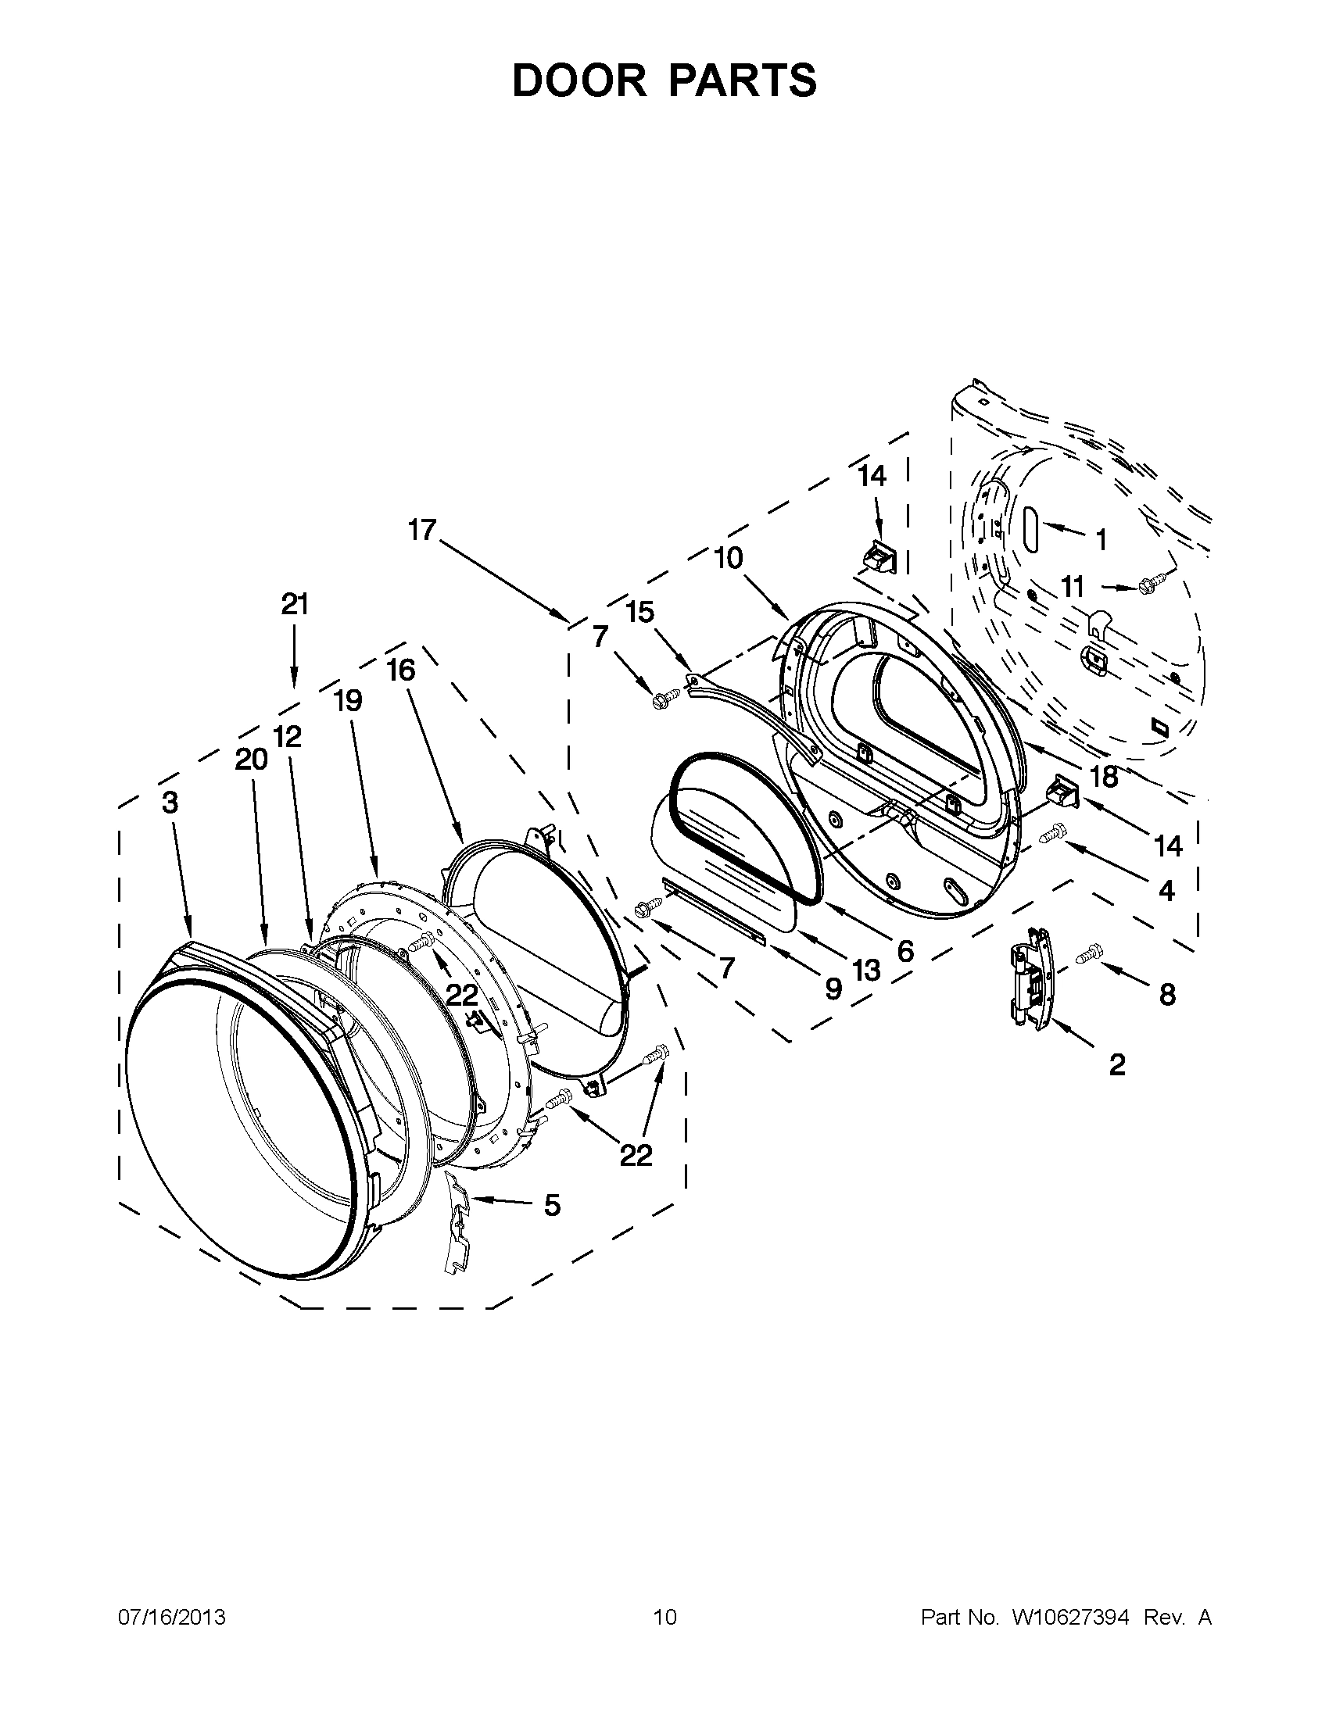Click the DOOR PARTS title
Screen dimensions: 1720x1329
click(x=664, y=80)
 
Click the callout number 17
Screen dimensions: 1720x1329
click(x=422, y=530)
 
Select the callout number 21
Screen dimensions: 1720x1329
click(x=295, y=604)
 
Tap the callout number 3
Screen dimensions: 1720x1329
click(x=170, y=803)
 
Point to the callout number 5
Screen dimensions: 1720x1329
click(x=552, y=1204)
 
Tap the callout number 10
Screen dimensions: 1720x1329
click(x=729, y=559)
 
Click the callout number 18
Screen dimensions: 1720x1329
click(x=1104, y=777)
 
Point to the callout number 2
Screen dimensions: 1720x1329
click(x=1116, y=1065)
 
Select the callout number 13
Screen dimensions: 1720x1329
click(x=865, y=971)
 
